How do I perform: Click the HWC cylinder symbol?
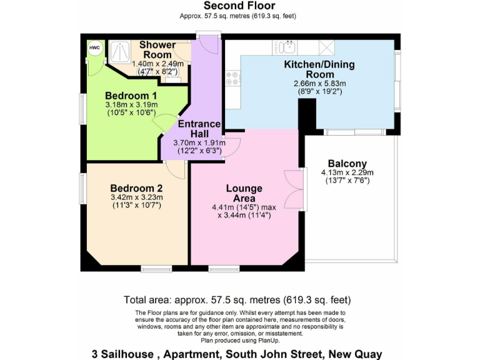(94, 49)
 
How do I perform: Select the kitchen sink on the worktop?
(288, 46)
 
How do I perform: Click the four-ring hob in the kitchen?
(233, 79)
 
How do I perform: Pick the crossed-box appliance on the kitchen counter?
(326, 47)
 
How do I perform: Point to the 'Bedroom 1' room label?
(131, 95)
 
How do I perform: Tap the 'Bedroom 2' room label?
(136, 188)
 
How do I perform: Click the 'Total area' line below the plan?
(237, 299)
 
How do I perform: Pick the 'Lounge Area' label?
(244, 193)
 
